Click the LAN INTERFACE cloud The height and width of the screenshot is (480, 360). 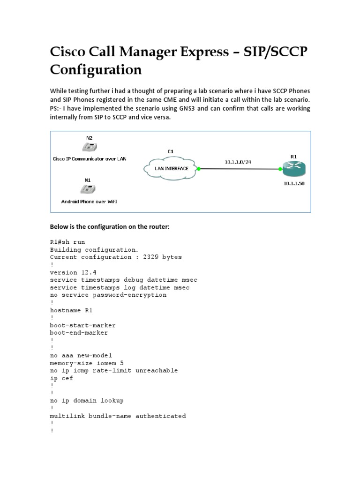click(x=172, y=168)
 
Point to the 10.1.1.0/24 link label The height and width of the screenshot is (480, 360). click(x=238, y=162)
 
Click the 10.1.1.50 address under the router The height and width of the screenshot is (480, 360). click(x=293, y=183)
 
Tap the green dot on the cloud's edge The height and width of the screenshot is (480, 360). click(x=199, y=168)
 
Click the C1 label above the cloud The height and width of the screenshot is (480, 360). click(x=171, y=151)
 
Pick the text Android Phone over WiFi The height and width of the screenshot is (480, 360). click(x=89, y=201)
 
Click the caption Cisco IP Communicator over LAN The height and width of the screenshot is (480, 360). click(x=89, y=158)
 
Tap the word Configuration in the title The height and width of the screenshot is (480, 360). click(x=96, y=69)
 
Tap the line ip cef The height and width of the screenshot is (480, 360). click(x=61, y=378)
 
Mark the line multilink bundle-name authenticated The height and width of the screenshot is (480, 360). click(x=118, y=416)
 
